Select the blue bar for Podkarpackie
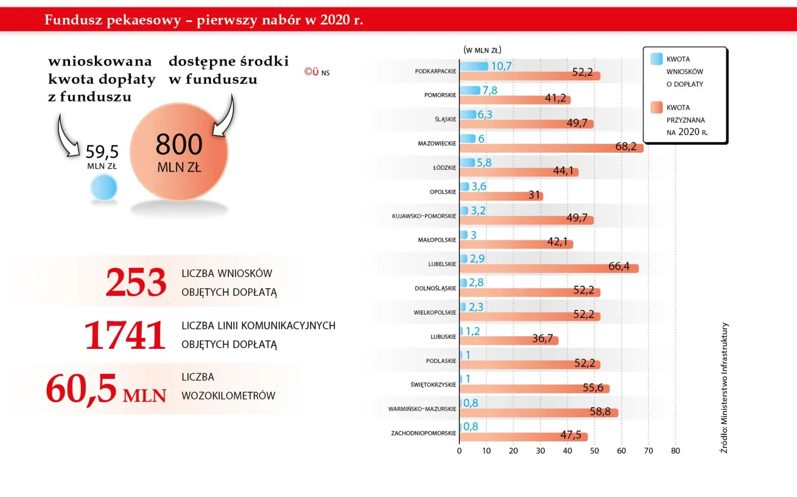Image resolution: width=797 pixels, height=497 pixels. (x=474, y=66)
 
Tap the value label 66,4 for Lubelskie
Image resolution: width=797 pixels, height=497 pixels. (x=619, y=266)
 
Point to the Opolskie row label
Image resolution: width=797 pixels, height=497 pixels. (x=443, y=192)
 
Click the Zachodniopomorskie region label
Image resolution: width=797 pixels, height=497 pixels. (x=424, y=433)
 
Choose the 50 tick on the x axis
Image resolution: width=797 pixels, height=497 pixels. (x=594, y=451)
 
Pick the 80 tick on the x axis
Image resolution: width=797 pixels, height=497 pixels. (x=675, y=451)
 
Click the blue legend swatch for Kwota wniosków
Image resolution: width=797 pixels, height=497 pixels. (x=656, y=59)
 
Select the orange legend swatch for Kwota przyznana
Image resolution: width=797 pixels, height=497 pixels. (x=656, y=107)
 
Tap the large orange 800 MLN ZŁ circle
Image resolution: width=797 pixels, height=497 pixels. (x=179, y=153)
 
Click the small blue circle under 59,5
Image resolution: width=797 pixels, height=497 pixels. (x=104, y=188)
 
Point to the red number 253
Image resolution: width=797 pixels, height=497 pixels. (x=136, y=283)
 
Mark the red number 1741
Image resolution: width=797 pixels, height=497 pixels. (x=125, y=335)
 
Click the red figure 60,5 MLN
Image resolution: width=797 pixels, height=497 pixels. (x=106, y=389)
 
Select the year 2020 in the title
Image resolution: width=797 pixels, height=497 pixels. (x=335, y=20)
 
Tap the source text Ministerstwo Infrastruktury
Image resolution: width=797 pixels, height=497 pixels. (x=724, y=388)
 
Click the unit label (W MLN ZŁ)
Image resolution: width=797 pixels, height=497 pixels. (x=482, y=50)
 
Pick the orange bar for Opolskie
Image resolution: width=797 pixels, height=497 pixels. (x=501, y=196)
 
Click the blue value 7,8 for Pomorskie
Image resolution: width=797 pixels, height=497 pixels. (x=490, y=90)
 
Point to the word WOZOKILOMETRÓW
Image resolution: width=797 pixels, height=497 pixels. (x=228, y=396)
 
